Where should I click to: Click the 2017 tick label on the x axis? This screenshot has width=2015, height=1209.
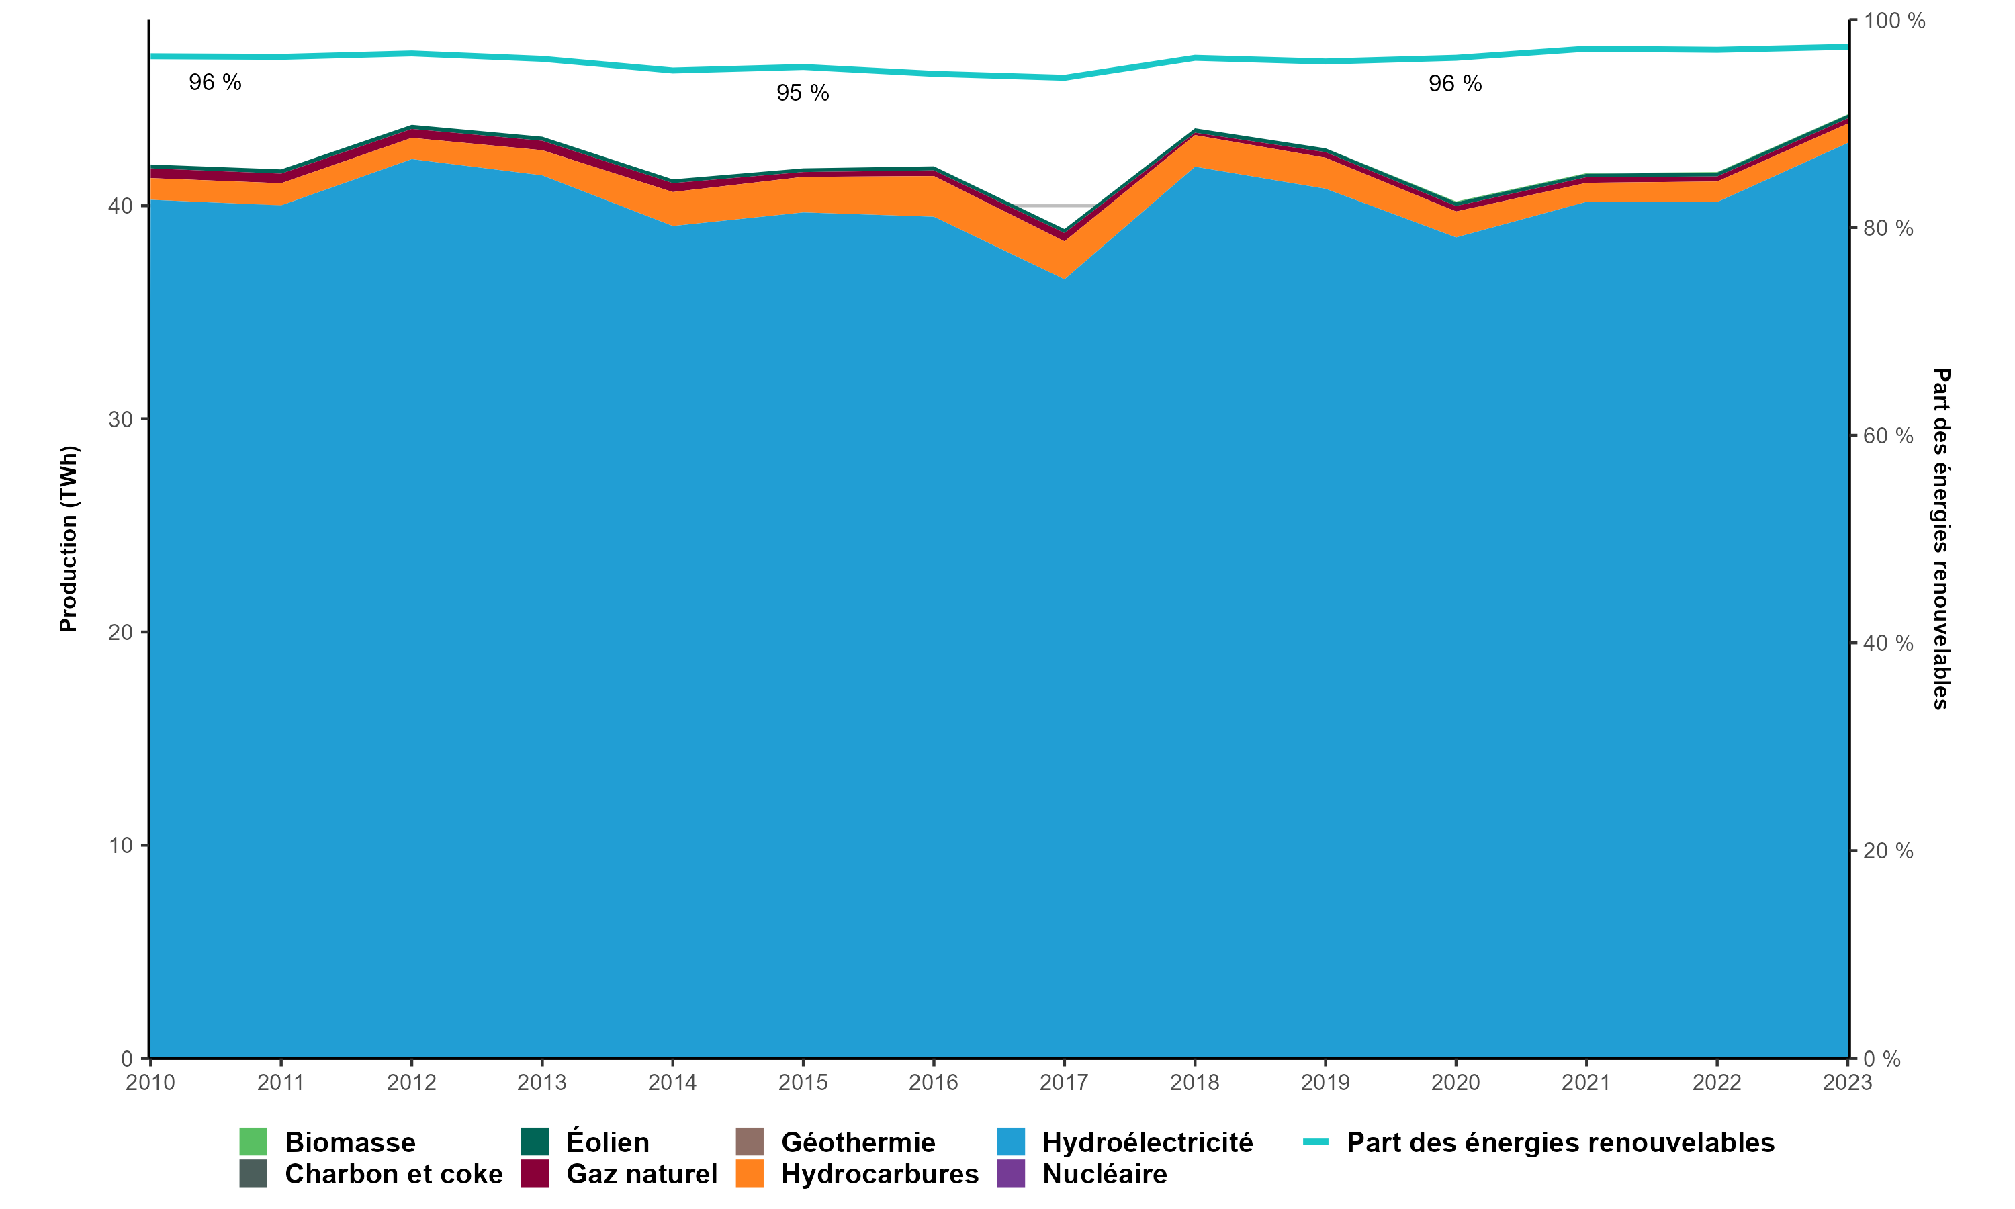1064,1083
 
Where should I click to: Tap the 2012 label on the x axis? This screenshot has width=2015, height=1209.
411,1083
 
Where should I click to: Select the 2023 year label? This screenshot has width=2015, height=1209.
1846,1083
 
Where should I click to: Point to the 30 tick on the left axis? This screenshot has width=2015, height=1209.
120,420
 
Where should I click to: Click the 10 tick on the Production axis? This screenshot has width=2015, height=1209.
120,846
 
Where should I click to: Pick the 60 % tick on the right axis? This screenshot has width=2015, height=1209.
1888,436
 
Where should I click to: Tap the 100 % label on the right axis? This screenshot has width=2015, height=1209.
1893,21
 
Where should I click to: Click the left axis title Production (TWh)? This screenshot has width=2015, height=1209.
69,539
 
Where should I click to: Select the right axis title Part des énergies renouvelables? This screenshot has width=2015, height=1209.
1941,539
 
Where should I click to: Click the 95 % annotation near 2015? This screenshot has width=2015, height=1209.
802,93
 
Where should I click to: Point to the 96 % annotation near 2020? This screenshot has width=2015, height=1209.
1455,84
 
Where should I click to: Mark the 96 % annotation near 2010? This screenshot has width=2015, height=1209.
215,83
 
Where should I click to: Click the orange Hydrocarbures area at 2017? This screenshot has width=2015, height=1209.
1064,259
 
